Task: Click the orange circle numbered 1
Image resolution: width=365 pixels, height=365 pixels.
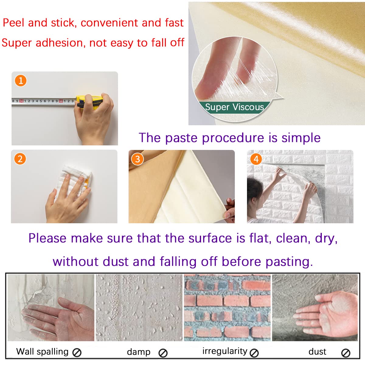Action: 21,81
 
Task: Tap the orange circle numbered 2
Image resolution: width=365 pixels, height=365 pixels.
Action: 20,159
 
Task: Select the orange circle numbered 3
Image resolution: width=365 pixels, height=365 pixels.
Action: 137,159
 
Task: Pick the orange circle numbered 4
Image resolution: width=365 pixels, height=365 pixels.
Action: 256,159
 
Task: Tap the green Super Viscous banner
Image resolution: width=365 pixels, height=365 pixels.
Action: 235,107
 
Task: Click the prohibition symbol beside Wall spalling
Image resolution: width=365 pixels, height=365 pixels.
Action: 77,353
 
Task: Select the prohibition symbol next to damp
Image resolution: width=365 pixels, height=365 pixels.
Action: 163,353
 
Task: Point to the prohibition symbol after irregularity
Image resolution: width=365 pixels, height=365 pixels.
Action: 254,353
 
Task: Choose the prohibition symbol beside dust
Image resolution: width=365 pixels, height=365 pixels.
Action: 346,353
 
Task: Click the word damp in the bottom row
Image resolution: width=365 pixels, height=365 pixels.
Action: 139,352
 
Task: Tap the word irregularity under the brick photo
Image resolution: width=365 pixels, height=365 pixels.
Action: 225,351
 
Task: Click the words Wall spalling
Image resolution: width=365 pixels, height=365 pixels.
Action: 42,352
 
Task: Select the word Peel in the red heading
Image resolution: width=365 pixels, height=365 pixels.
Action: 13,23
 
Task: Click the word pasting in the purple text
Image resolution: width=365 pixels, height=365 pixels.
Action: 289,262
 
